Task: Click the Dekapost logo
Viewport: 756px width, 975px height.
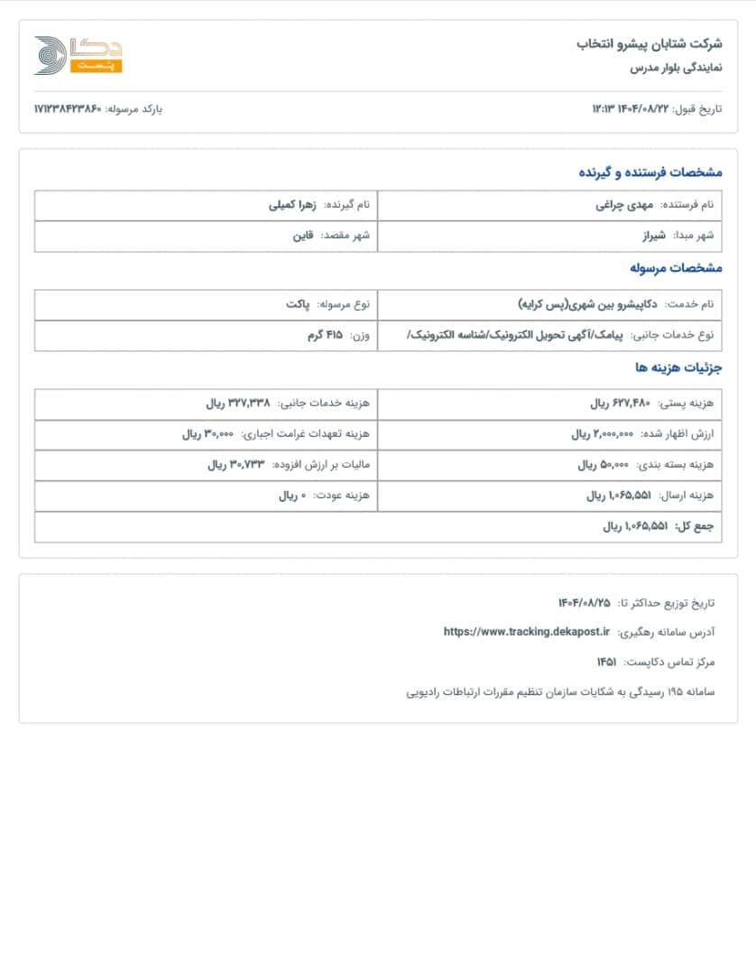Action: coord(78,55)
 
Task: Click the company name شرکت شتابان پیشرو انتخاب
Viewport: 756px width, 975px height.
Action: coord(650,43)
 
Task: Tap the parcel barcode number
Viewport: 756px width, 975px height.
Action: coord(68,109)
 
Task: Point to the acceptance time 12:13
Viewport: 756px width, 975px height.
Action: coord(604,109)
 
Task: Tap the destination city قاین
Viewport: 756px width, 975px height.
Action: coord(302,236)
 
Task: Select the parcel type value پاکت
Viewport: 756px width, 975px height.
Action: coord(298,304)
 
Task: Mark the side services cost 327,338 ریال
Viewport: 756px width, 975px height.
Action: coord(238,404)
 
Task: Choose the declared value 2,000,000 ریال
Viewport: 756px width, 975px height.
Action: coord(603,434)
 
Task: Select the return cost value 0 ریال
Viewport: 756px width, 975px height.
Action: coord(292,496)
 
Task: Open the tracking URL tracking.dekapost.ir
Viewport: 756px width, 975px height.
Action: coord(527,632)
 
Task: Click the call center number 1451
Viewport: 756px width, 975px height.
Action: coord(606,662)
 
